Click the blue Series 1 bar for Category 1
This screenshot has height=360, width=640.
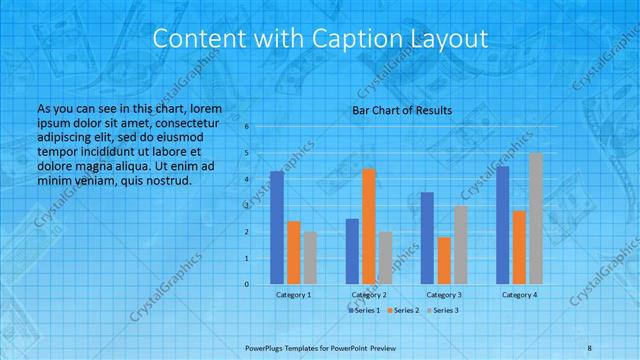point(277,228)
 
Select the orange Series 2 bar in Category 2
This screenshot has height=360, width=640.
point(369,227)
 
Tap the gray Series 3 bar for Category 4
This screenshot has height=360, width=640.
point(535,219)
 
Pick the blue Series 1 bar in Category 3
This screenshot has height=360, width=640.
point(427,238)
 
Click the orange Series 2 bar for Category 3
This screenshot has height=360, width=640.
point(443,261)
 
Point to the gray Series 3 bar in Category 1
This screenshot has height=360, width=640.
point(310,258)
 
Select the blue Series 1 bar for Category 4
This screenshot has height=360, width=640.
point(503,225)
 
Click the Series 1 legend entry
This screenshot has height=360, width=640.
point(363,311)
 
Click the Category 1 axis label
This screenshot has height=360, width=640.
point(293,295)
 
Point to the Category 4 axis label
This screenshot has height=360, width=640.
point(519,295)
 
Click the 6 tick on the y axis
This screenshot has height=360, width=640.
point(247,127)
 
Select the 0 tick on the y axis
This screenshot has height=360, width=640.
point(247,284)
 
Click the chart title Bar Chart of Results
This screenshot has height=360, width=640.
point(402,110)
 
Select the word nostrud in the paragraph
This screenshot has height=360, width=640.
point(166,180)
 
